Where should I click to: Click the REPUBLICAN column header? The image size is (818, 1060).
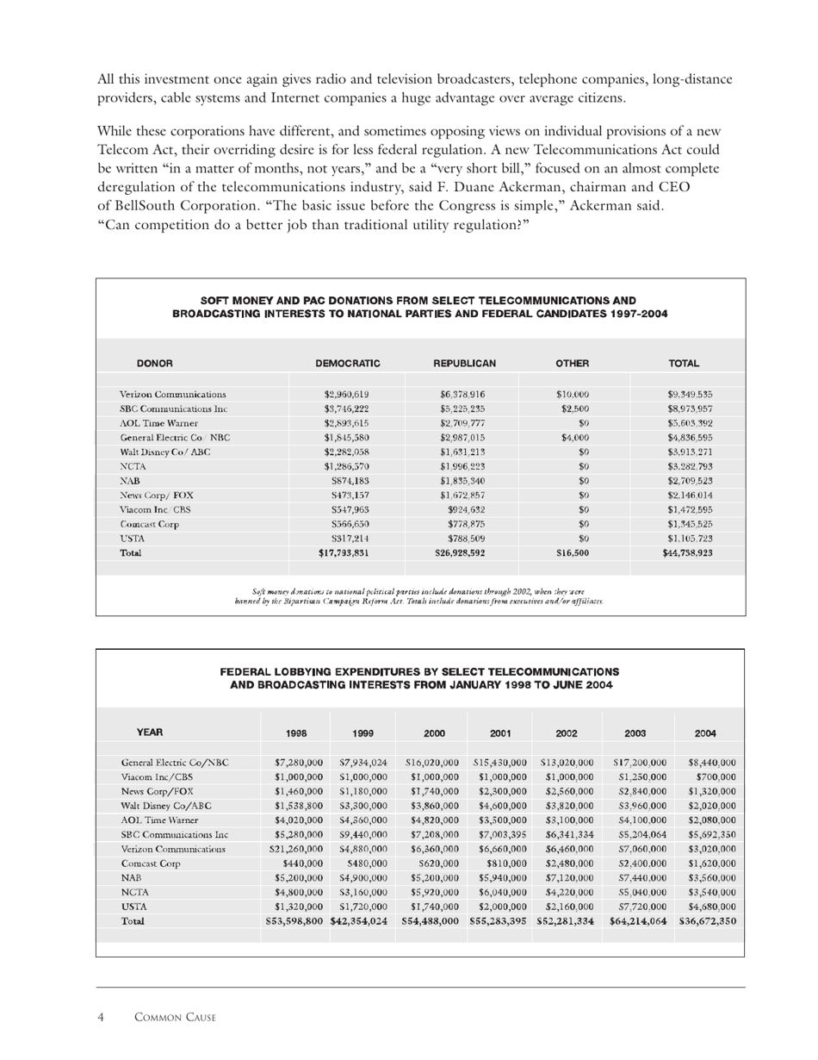pos(463,364)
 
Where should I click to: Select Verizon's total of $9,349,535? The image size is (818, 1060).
pos(684,394)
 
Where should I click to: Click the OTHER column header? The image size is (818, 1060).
pos(572,364)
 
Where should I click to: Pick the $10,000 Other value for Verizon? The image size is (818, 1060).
pos(572,394)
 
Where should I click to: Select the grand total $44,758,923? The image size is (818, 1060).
pos(684,553)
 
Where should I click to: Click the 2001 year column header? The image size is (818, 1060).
pos(500,733)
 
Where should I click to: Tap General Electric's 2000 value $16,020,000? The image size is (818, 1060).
pos(430,762)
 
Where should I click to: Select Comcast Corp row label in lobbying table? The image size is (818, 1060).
pos(150,864)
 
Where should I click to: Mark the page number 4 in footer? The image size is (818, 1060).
pos(101,1018)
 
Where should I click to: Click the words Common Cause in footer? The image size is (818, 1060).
pos(175,1018)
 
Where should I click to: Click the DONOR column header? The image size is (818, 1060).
pos(155,364)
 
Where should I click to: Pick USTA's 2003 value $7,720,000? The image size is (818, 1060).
pos(637,907)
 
